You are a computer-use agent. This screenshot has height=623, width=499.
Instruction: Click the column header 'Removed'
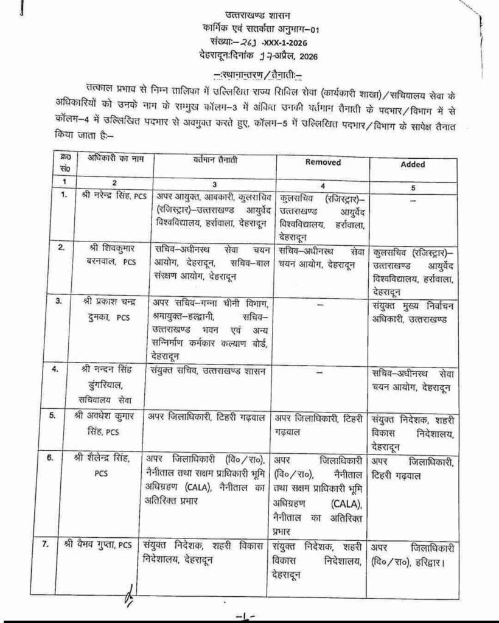click(x=323, y=162)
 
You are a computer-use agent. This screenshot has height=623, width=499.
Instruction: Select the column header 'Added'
click(x=413, y=164)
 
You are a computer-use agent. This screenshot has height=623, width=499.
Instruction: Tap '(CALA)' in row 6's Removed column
click(x=347, y=504)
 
